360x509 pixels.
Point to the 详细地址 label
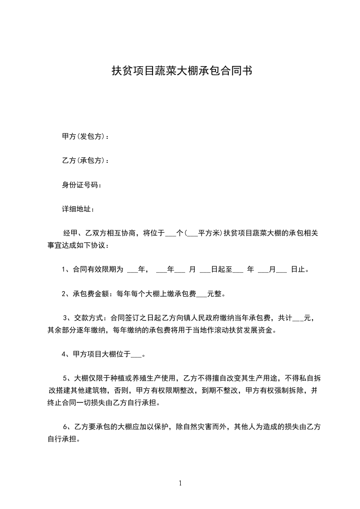(x=78, y=209)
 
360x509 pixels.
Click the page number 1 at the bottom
(x=180, y=483)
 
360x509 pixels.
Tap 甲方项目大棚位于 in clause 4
(x=102, y=354)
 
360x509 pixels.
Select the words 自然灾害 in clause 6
(x=198, y=427)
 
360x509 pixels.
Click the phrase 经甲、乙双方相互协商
(x=100, y=234)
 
